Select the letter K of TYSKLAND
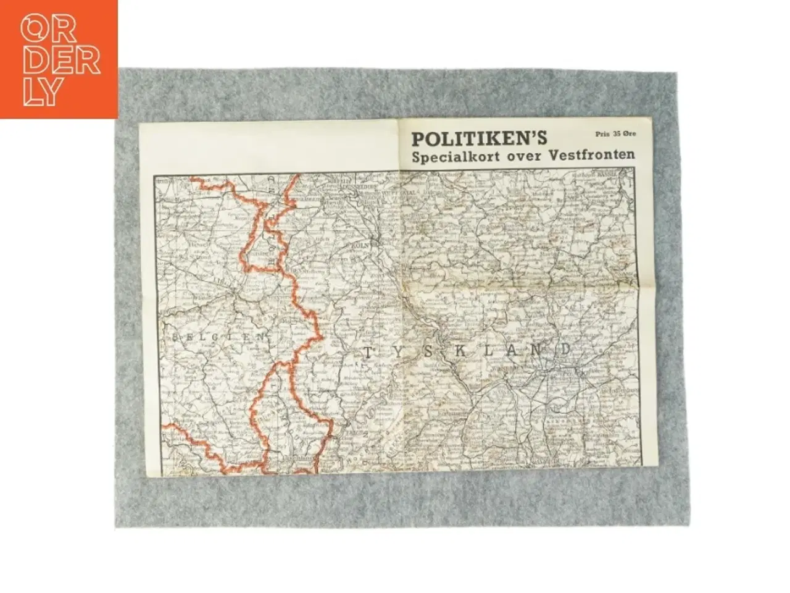[460, 351]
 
